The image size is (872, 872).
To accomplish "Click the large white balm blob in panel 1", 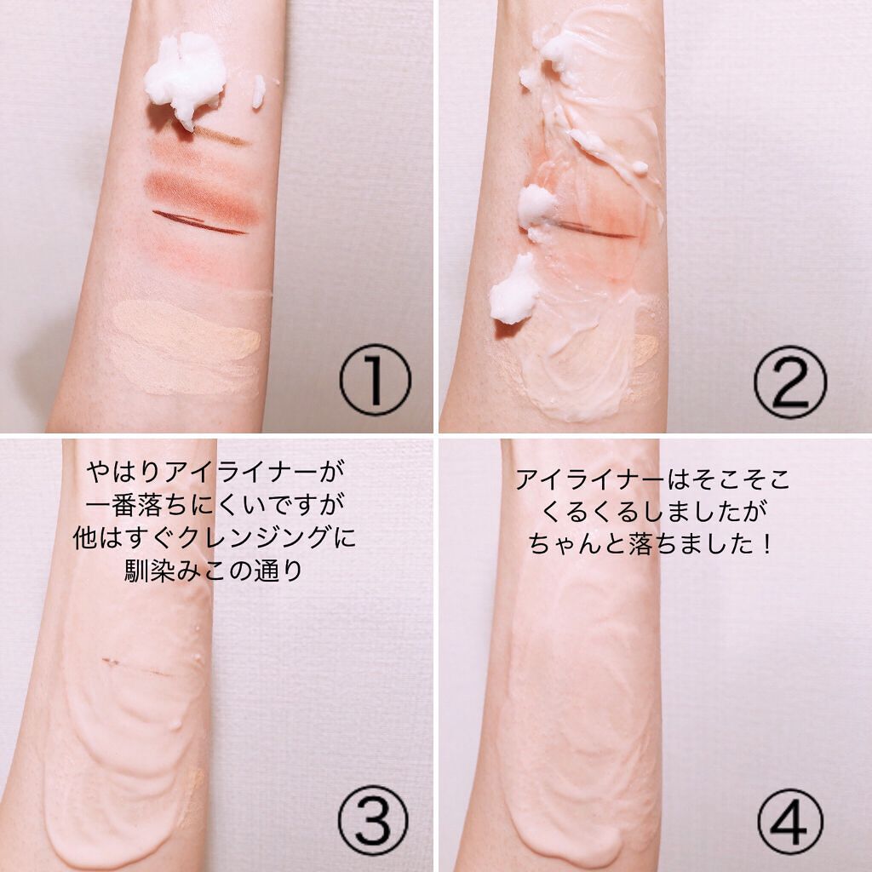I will point(185,77).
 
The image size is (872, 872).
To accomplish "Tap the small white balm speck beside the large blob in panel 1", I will point(258,92).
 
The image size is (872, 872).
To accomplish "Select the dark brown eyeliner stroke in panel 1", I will point(198,223).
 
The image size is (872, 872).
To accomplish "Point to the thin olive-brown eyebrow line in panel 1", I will point(217,135).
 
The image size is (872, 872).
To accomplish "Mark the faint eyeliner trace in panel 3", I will point(136,667).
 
